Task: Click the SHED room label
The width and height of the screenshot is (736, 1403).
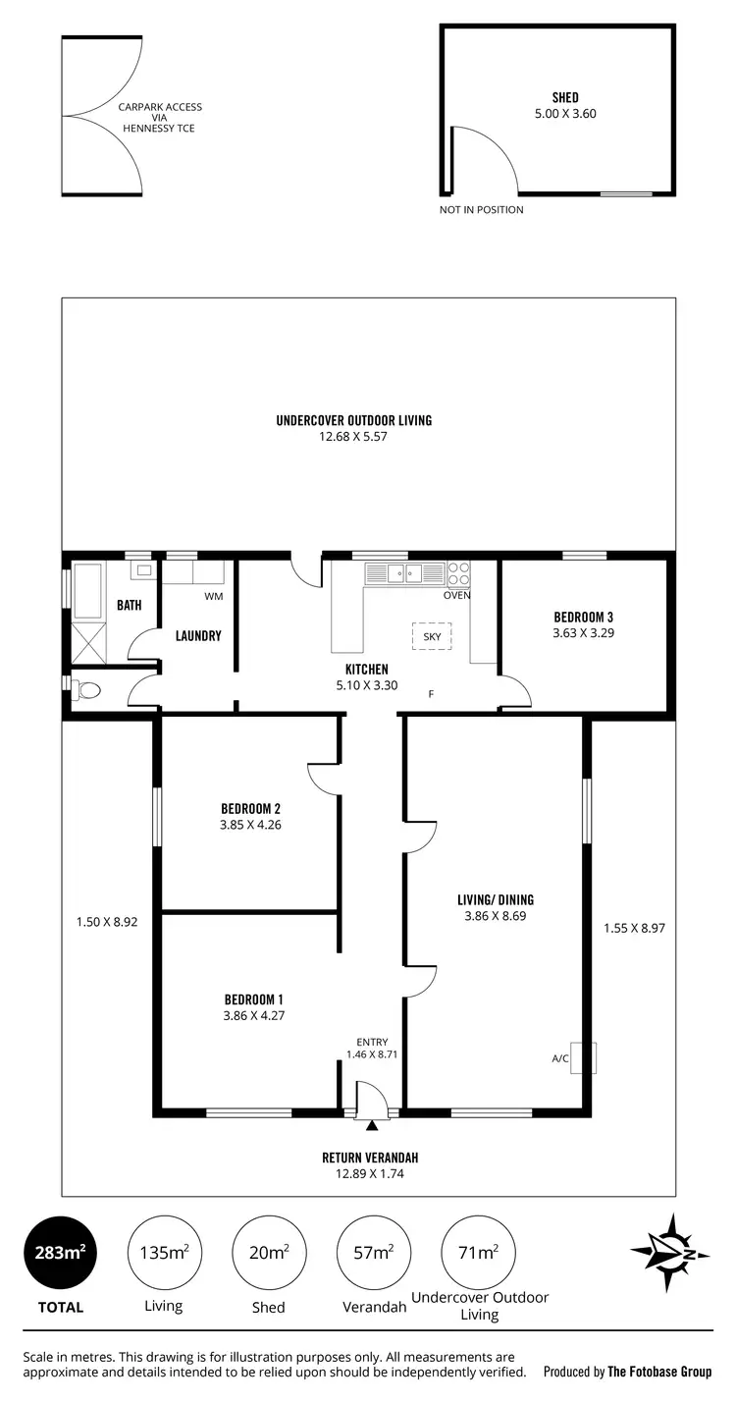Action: [564, 97]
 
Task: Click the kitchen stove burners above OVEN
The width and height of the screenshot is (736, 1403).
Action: [458, 573]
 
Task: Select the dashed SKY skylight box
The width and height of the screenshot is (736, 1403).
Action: [432, 636]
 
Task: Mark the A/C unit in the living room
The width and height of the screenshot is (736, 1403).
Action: [583, 1057]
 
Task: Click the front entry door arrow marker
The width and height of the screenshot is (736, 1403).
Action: [372, 1123]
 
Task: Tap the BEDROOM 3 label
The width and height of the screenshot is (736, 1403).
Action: [583, 617]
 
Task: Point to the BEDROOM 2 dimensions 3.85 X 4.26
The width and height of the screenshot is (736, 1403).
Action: [250, 826]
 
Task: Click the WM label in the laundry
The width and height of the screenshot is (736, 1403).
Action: [213, 597]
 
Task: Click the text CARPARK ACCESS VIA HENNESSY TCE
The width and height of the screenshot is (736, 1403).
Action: [159, 118]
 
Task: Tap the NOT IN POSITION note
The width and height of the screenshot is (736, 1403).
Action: [481, 209]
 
